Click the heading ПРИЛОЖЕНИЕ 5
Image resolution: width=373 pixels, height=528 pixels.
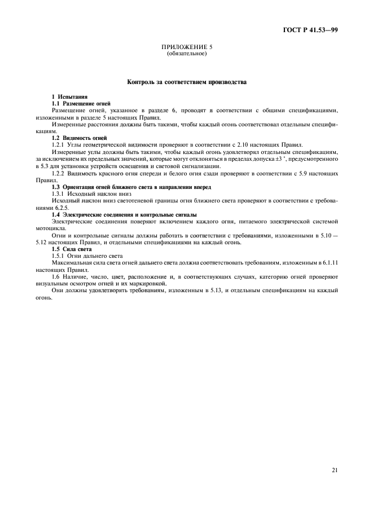[186, 47]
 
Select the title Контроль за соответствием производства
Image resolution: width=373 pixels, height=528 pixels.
[186, 82]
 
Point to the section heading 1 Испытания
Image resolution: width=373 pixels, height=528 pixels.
[69, 98]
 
